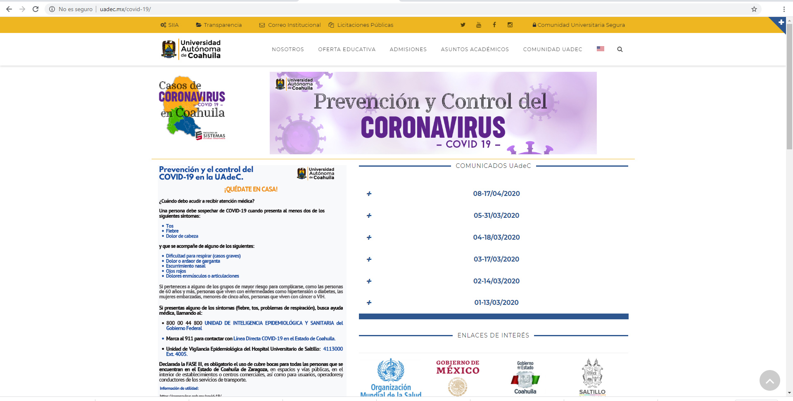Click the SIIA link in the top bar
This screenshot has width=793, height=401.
point(170,25)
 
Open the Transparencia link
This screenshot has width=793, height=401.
point(219,25)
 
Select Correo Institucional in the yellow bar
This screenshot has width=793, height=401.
point(290,25)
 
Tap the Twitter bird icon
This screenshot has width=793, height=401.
point(463,25)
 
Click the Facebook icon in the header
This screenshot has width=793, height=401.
point(494,25)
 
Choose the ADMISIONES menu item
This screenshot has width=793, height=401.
point(408,50)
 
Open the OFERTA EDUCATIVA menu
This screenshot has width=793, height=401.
point(347,50)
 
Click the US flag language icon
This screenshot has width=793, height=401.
point(601,49)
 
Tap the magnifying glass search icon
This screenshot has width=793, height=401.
point(620,50)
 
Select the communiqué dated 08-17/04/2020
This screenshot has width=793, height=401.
point(496,194)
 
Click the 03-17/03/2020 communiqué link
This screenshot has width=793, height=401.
point(496,259)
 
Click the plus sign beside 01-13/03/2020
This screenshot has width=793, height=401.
point(369,303)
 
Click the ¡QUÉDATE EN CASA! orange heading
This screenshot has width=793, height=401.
point(251,189)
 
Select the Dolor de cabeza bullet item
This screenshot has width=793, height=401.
point(182,236)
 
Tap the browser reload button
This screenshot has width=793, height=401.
point(36,9)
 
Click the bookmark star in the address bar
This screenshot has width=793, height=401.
point(754,9)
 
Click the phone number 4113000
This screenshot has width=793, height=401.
point(333,349)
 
